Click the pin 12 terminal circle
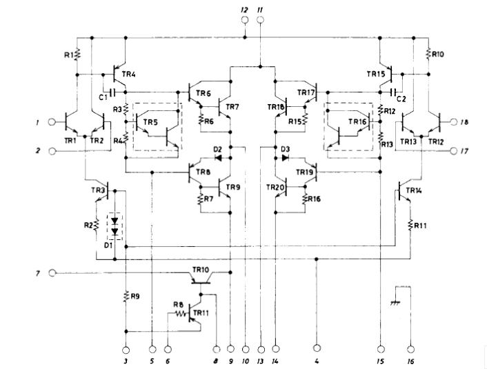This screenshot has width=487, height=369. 243,21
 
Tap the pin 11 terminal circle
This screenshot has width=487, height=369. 260,21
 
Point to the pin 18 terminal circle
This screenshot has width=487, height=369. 453,121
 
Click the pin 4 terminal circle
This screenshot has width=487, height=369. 317,348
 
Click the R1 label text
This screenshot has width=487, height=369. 69,52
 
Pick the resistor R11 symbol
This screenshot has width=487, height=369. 410,224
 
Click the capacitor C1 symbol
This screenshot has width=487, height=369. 111,90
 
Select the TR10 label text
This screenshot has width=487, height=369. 202,268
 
